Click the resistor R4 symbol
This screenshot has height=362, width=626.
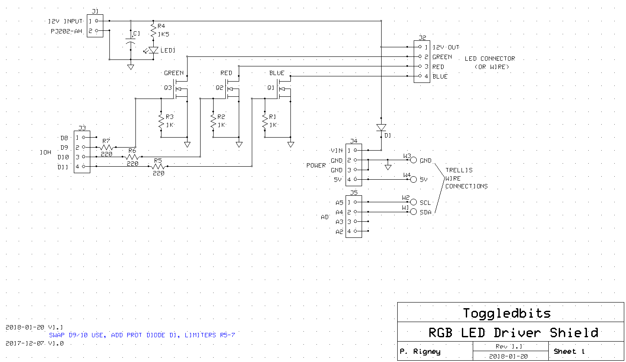153,30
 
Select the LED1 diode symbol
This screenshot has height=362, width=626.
153,50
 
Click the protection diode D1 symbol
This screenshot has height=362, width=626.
381,128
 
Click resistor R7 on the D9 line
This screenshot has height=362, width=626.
106,147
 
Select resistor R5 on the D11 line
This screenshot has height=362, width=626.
158,166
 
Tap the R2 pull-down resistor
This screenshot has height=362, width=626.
213,121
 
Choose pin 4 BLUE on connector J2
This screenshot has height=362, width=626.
420,76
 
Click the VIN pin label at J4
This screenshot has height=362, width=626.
336,151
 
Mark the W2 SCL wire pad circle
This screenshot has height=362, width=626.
413,202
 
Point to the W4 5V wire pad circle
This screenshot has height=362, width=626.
413,179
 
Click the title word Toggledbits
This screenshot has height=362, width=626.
507,313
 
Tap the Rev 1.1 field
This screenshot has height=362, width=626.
509,346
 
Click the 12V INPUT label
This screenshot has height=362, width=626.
65,21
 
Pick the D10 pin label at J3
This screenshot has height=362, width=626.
63,157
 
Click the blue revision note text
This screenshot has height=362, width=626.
142,335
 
